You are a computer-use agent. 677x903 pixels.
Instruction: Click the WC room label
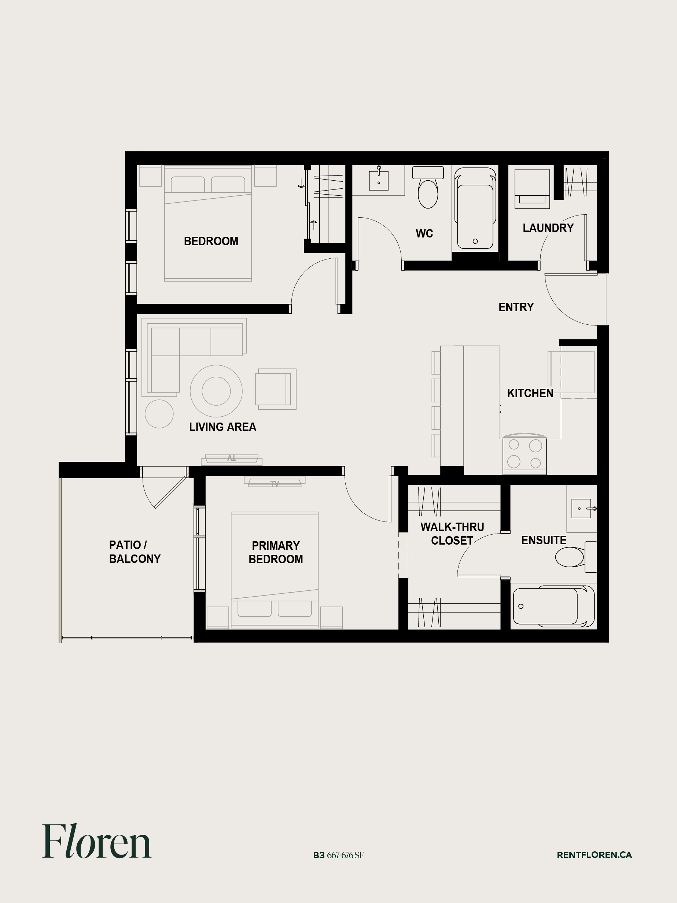tap(424, 233)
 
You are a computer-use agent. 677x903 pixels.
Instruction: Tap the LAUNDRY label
tap(548, 228)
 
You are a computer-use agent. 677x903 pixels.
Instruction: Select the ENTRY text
tap(516, 307)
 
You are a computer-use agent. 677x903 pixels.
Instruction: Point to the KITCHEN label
tap(530, 393)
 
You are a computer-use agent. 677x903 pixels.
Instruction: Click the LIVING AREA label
tap(222, 427)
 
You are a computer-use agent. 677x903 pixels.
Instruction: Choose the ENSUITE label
tap(544, 540)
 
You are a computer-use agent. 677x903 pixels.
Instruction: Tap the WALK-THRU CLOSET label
tap(452, 534)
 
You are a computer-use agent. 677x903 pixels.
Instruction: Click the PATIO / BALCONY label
tap(135, 552)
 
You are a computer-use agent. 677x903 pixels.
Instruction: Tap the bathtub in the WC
tap(475, 208)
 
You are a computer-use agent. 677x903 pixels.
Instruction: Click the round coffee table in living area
tap(216, 391)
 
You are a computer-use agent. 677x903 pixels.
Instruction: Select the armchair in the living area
tap(276, 389)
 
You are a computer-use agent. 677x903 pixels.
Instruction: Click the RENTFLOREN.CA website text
tap(594, 855)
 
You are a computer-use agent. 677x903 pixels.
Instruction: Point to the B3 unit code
tap(319, 855)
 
